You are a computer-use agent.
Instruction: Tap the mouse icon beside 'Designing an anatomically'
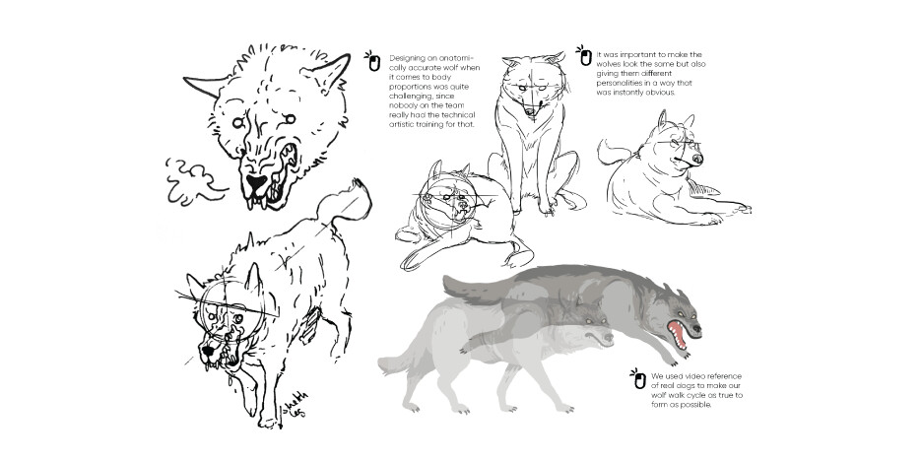click(373, 61)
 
